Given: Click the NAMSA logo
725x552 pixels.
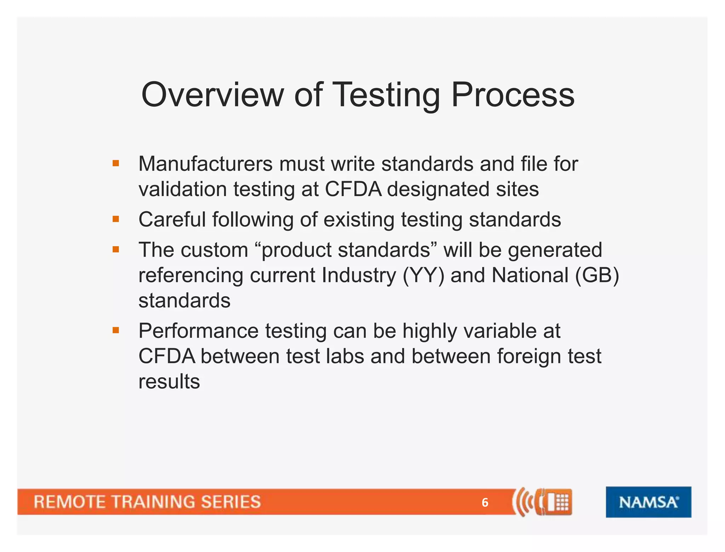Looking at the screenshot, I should click(x=648, y=502).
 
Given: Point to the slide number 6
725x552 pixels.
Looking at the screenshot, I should click(x=485, y=502).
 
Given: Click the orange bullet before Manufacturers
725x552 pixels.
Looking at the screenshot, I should click(x=116, y=163).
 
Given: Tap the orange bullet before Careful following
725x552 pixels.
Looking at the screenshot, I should click(x=116, y=219).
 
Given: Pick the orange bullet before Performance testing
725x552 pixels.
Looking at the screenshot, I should click(x=116, y=330).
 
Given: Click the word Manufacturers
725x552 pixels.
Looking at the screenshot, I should click(x=205, y=164).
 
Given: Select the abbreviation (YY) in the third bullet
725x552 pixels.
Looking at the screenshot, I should click(x=423, y=275).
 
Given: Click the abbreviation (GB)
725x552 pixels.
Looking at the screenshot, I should click(x=597, y=275).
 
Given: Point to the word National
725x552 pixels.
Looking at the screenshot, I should click(x=530, y=275).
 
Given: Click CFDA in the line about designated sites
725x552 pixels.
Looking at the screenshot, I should click(x=353, y=189).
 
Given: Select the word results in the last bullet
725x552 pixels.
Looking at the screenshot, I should click(x=169, y=381).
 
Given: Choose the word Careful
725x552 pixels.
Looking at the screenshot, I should click(x=172, y=219).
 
